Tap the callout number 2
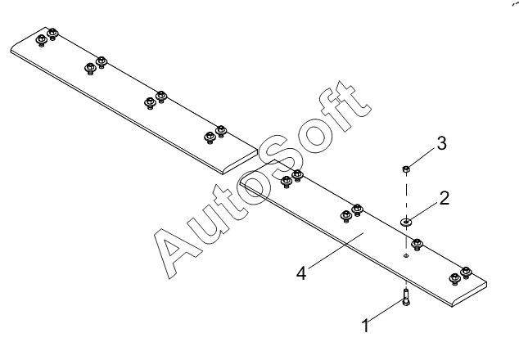coord(443,198)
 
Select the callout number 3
coord(441,144)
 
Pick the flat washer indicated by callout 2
coord(406,220)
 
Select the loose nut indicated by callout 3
coord(406,169)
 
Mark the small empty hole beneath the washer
coord(405,255)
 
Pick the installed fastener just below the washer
coord(417,243)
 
